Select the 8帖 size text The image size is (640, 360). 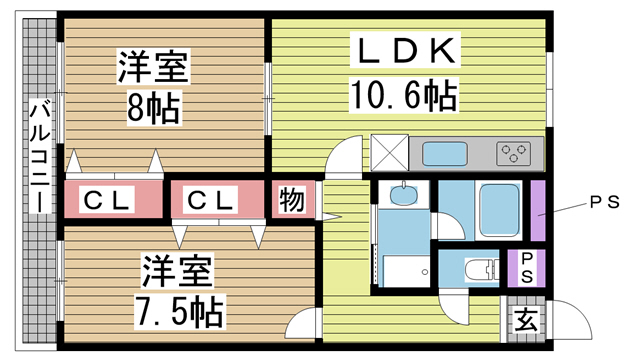(154, 107)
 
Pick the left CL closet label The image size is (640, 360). (106, 201)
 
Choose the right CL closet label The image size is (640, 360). (210, 201)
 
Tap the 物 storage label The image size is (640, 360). (291, 200)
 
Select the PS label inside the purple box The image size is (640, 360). (522, 267)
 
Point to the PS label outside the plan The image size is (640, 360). (603, 201)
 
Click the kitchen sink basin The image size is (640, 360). (444, 154)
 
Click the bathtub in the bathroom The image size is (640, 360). (497, 207)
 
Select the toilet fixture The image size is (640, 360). (479, 267)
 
